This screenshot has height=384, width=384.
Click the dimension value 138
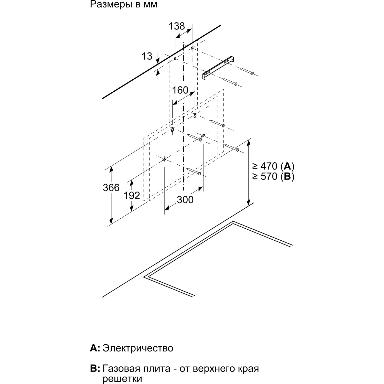click(x=177, y=26)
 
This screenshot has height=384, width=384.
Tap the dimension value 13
click(x=147, y=56)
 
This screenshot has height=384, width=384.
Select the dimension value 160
click(x=180, y=90)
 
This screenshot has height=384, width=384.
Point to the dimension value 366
click(x=111, y=188)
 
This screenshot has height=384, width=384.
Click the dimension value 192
click(x=132, y=196)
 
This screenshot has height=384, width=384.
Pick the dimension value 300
click(x=185, y=200)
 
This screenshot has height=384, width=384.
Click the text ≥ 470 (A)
click(x=273, y=166)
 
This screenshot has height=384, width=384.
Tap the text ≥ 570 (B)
click(x=273, y=176)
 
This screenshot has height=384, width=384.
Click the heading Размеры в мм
click(x=123, y=5)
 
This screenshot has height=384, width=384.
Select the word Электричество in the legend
click(x=138, y=348)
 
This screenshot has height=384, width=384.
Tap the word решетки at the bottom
click(x=122, y=379)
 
